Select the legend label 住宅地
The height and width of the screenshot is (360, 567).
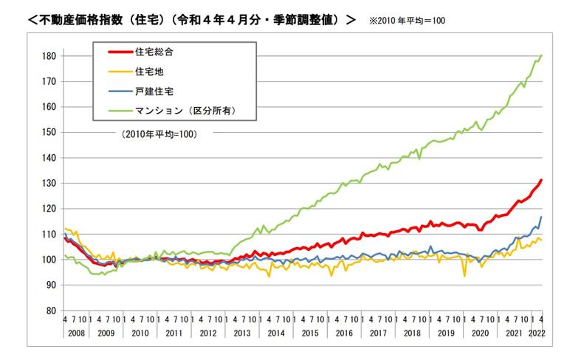coord(151,72)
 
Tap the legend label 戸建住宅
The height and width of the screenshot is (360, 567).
coord(154,92)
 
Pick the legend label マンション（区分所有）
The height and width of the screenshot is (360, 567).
coord(185,112)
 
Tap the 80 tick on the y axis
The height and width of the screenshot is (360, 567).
coord(52,311)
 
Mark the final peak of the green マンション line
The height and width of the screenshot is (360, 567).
coord(542,55)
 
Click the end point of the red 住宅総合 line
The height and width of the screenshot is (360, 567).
coord(542,180)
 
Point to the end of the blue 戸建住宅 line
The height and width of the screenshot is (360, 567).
coord(542,217)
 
